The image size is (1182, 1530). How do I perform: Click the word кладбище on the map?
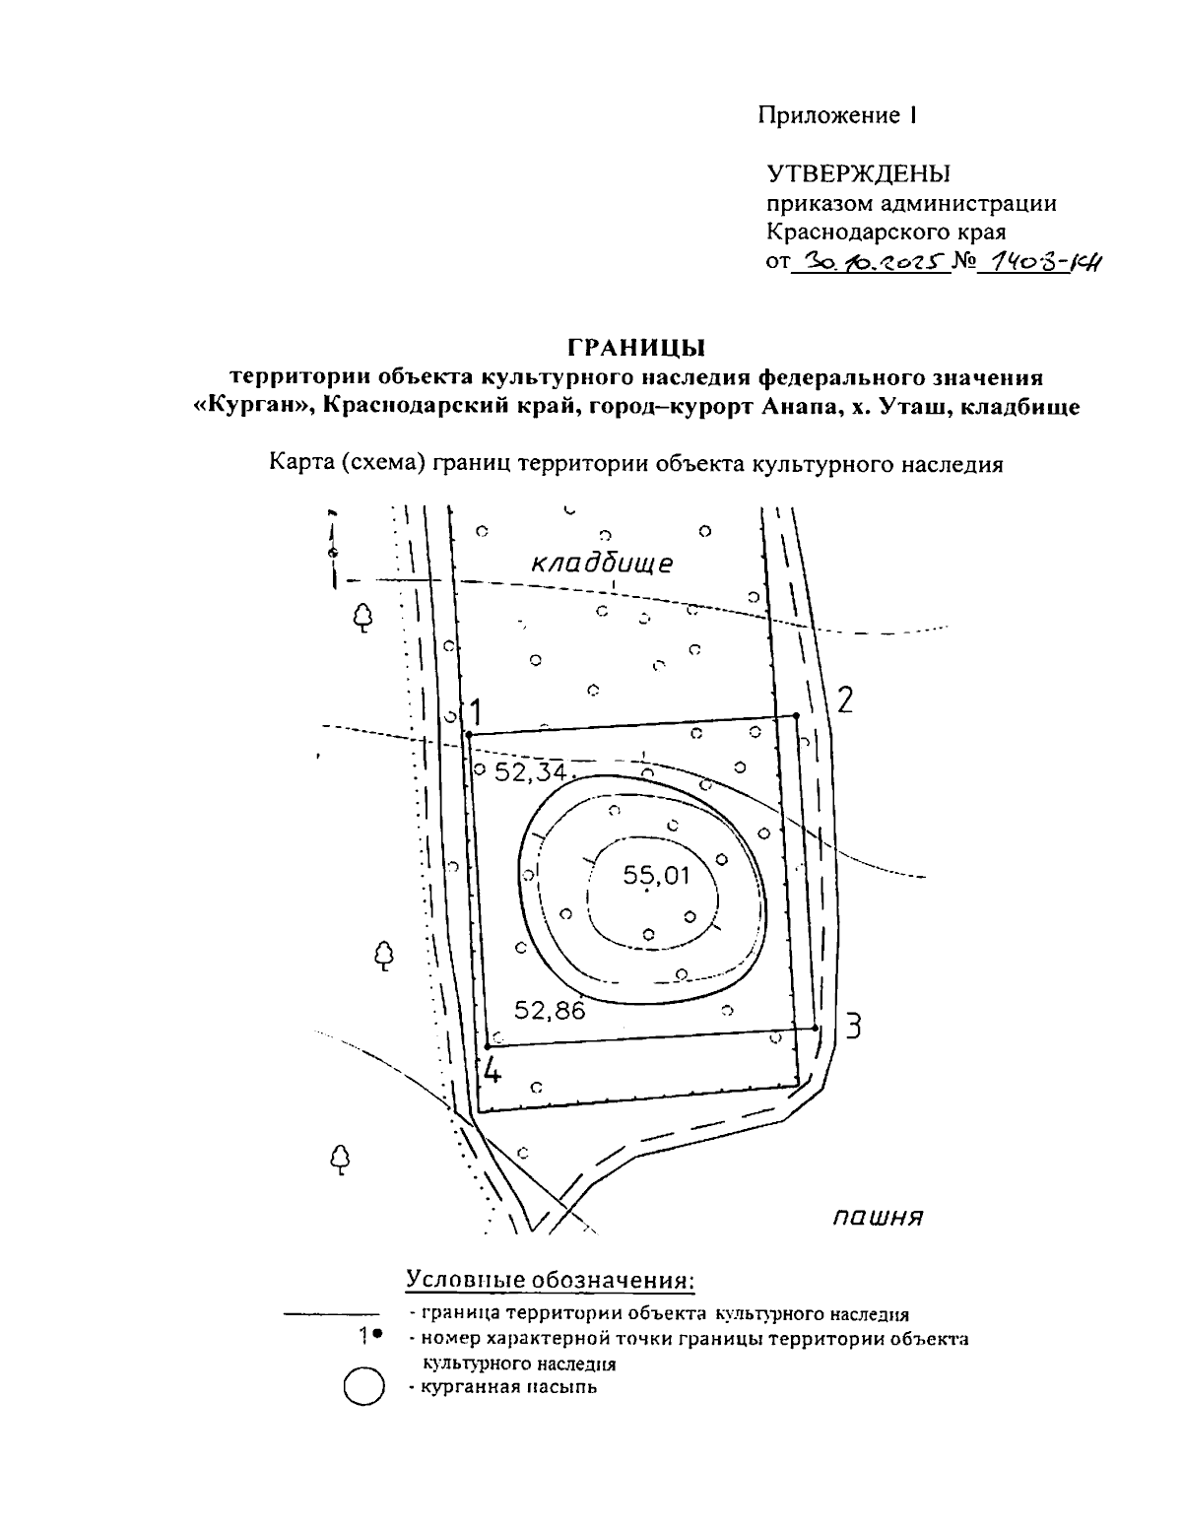[602, 564]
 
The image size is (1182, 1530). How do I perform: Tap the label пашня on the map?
[877, 1218]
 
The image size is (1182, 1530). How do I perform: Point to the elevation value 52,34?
[530, 772]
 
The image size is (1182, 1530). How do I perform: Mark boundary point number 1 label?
[476, 710]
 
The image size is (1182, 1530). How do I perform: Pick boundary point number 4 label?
[492, 1069]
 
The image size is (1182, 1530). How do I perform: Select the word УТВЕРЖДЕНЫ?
[859, 174]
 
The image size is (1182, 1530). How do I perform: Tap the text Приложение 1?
[837, 115]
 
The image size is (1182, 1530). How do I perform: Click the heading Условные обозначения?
[551, 1280]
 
